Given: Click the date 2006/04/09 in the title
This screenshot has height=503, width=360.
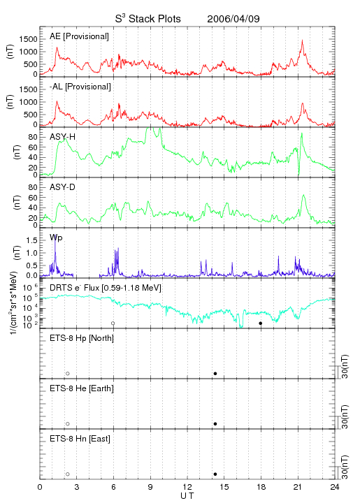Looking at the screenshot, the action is click(x=233, y=19).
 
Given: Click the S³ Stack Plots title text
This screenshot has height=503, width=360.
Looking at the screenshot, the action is click(x=148, y=19).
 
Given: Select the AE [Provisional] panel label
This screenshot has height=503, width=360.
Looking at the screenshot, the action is click(x=79, y=36).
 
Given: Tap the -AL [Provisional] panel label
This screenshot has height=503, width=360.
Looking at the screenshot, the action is click(x=80, y=87).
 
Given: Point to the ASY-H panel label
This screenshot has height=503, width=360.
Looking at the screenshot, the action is click(x=63, y=137).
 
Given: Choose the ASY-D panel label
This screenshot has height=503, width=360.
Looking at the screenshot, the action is click(x=62, y=187).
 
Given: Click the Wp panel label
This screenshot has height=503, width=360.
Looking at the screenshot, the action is click(x=56, y=238).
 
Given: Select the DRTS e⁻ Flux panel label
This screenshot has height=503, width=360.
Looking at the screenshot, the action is click(x=106, y=288).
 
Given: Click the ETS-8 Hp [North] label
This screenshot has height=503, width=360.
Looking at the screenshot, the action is click(x=82, y=338).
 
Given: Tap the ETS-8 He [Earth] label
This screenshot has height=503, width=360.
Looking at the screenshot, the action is click(x=82, y=388).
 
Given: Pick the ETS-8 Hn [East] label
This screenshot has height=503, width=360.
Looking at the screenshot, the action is click(x=80, y=439).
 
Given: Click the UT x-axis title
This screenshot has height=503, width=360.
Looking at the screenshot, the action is click(x=187, y=496).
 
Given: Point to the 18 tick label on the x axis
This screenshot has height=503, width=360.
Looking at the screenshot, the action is click(x=261, y=487).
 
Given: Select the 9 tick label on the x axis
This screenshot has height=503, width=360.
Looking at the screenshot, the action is click(x=150, y=487).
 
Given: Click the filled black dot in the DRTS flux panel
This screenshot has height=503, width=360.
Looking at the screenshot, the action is click(x=261, y=323).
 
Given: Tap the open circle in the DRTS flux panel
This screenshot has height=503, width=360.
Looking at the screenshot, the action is click(x=113, y=323).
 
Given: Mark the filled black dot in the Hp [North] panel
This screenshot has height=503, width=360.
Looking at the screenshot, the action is click(x=215, y=373).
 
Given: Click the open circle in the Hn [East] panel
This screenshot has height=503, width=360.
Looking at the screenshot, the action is click(x=68, y=474).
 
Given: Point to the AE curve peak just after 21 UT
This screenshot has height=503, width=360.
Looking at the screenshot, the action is click(x=302, y=41).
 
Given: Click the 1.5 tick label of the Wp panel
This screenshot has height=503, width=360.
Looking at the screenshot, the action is click(x=31, y=240).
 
